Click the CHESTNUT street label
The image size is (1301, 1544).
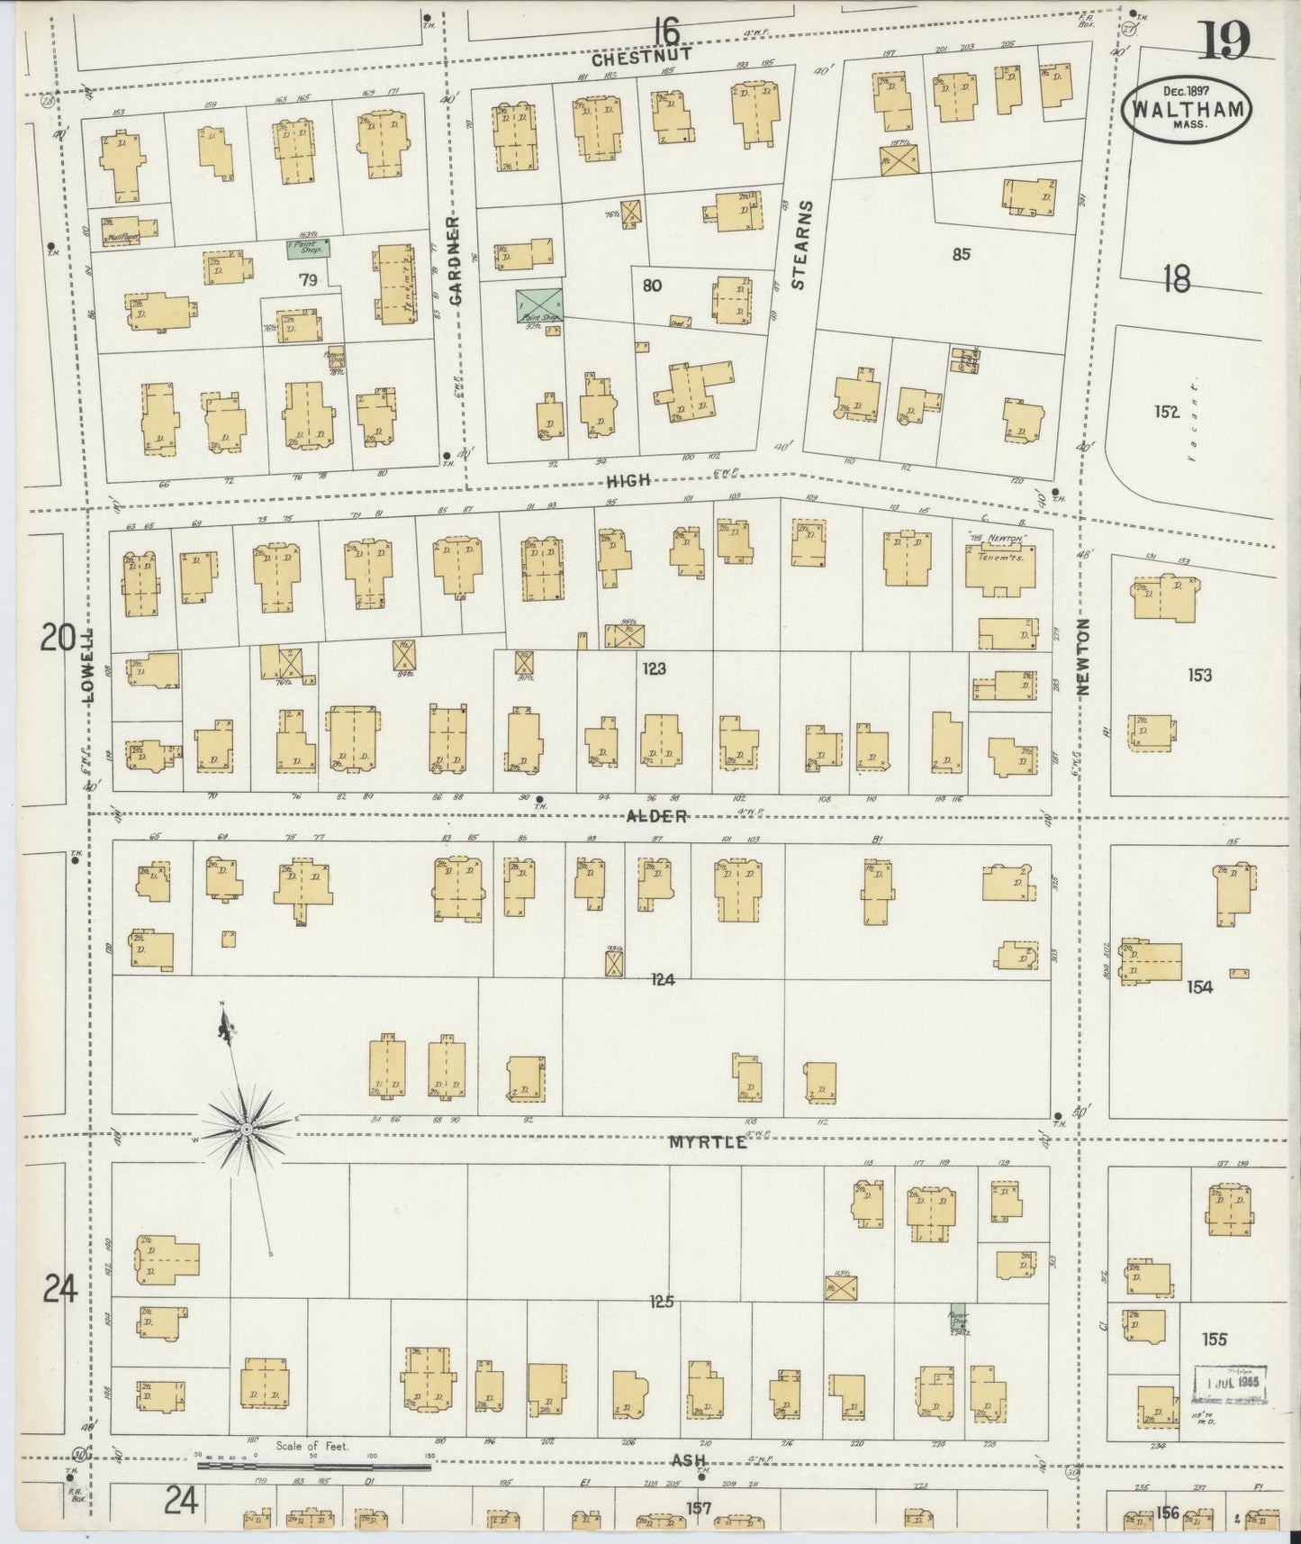(641, 55)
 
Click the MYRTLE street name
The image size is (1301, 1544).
(709, 1141)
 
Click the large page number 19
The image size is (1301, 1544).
(1224, 41)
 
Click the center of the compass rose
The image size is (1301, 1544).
(246, 1127)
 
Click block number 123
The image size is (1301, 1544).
(655, 669)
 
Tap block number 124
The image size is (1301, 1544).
(664, 979)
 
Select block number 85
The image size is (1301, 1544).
(961, 254)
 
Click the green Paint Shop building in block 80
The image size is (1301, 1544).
(539, 305)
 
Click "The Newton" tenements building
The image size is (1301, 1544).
(999, 569)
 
